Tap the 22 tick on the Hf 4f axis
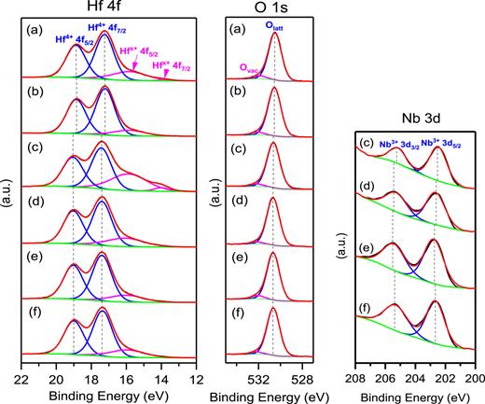click(21, 381)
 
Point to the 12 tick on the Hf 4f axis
click(197, 381)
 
